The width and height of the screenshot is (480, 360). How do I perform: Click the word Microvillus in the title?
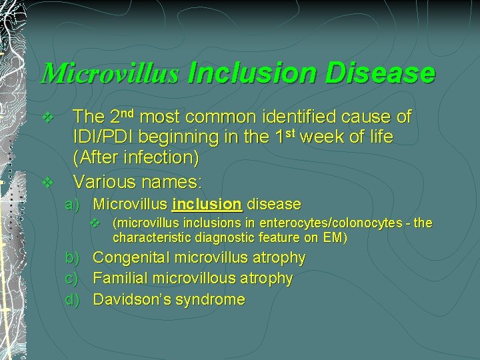point(109,73)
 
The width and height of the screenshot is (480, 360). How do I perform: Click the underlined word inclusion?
point(207,204)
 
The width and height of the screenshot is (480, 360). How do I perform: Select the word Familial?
point(122,278)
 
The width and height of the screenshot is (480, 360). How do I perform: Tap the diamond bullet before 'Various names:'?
point(46,181)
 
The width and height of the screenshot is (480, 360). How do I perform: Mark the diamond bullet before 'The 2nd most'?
point(46,118)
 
